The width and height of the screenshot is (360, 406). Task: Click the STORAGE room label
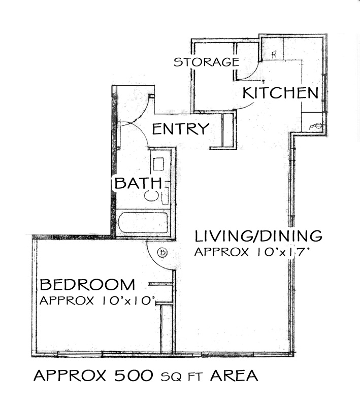coord(207,62)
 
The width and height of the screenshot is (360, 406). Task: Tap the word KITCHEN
coord(280,93)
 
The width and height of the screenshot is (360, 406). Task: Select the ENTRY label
coord(181,129)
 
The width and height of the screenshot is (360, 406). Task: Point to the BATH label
coord(138,183)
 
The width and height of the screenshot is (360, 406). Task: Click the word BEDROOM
coord(87,285)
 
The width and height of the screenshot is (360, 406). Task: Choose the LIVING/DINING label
coord(258,236)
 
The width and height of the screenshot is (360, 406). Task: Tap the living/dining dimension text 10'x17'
coord(282,252)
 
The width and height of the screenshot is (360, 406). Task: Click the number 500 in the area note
coord(134,376)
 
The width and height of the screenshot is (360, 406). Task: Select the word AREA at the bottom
coord(234,376)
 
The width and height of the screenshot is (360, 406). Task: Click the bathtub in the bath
coord(143,223)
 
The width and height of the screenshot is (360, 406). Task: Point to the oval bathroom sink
coord(151,195)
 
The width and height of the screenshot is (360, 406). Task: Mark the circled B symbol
coord(162,252)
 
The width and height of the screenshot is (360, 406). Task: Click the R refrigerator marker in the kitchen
coord(274,54)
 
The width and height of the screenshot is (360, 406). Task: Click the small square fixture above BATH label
coord(158,164)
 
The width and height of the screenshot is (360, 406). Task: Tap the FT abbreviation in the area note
coord(195,377)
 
